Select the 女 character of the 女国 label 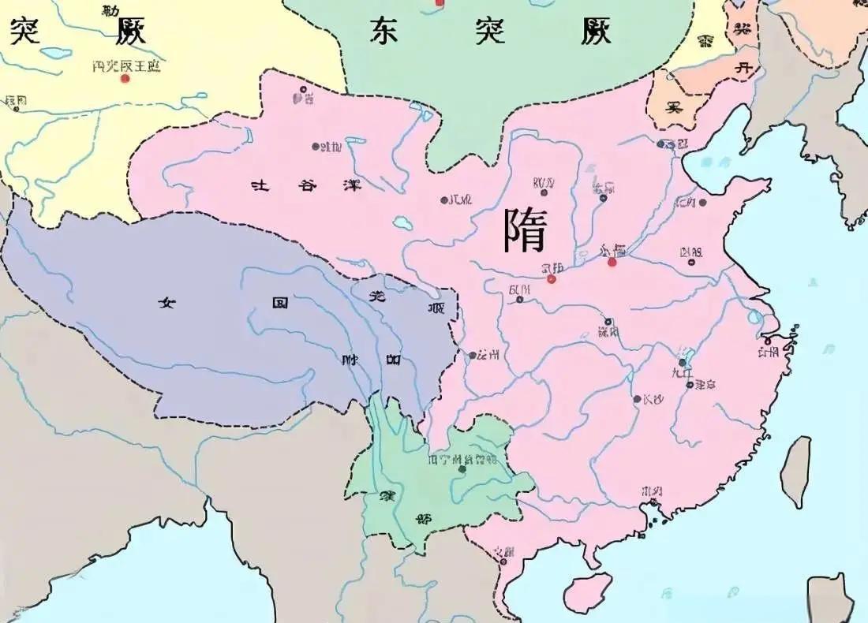pyautogui.click(x=166, y=302)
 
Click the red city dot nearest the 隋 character pyautogui.click(x=552, y=279)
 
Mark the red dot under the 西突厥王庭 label pyautogui.click(x=125, y=79)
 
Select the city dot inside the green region pyautogui.click(x=462, y=469)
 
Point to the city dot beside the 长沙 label pyautogui.click(x=637, y=399)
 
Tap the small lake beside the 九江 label pyautogui.click(x=688, y=356)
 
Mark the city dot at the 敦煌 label pyautogui.click(x=315, y=146)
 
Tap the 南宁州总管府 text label pyautogui.click(x=462, y=459)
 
